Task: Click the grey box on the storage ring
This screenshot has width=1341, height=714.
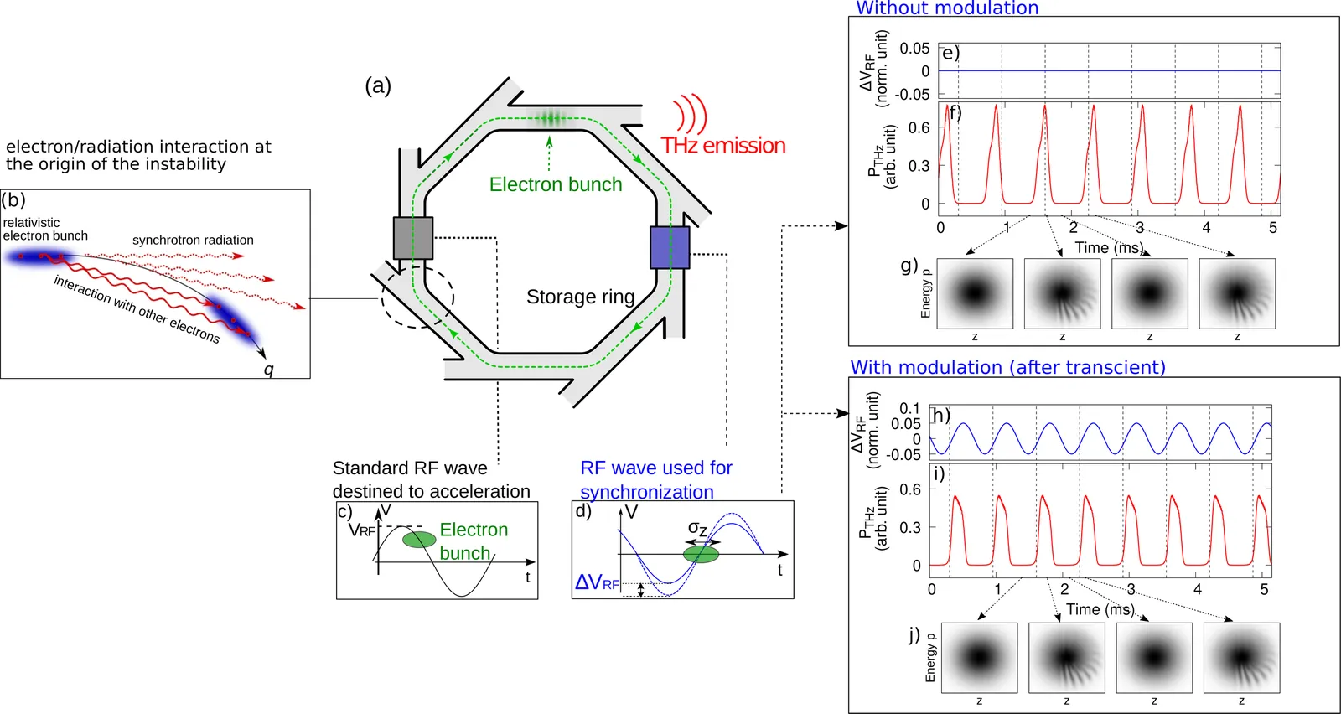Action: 413,238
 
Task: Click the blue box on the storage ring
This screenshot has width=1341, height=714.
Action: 670,247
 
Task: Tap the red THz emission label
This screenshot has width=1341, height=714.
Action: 723,146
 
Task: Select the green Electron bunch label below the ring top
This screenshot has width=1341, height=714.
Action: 556,184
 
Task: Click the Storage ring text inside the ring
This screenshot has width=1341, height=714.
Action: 580,297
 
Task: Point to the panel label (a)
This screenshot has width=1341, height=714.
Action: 378,85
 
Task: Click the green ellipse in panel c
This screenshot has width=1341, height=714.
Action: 419,539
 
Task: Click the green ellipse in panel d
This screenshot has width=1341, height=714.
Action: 702,554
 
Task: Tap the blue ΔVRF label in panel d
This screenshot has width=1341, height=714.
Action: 597,582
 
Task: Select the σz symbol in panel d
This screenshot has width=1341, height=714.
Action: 697,528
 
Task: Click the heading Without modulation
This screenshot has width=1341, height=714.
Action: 947,8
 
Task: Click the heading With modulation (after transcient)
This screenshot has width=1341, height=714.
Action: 1007,367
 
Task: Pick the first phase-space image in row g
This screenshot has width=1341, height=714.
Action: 975,293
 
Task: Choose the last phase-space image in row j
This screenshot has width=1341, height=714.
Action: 1241,658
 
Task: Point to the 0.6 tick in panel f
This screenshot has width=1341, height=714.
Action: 919,127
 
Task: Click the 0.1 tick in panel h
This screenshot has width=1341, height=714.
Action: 909,408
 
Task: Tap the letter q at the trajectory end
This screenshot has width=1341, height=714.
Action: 269,370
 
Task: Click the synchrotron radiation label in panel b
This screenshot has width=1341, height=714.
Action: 193,241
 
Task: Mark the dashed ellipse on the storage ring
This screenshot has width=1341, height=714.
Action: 417,297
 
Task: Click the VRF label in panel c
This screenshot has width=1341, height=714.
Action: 362,530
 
